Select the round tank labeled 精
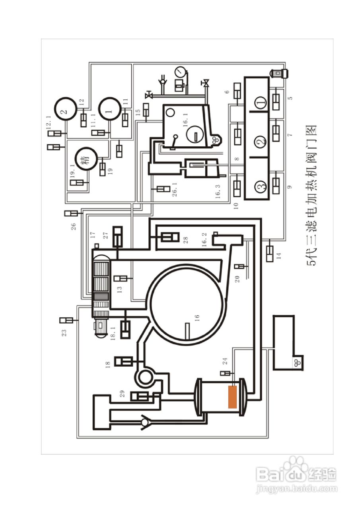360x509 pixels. point(86,159)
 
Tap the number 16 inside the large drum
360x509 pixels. point(197,317)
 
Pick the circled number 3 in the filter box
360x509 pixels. point(261,187)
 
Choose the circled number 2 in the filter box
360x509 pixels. point(261,141)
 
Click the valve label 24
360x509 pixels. point(225,361)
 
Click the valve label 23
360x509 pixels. point(64,332)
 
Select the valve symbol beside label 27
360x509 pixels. point(118,237)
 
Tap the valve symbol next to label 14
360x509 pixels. point(270,253)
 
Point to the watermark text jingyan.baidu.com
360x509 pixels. point(296,488)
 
